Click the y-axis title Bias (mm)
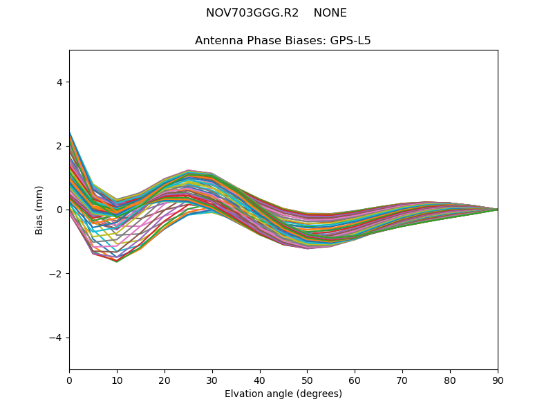pos(40,210)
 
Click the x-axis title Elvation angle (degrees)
pos(283,394)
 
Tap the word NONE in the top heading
pos(330,13)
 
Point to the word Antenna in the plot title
pos(217,41)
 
